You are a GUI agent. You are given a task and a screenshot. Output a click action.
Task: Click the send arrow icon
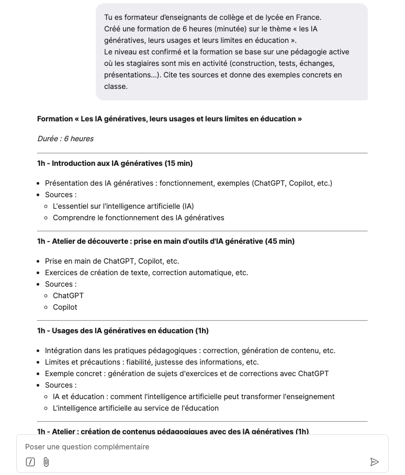pos(374,462)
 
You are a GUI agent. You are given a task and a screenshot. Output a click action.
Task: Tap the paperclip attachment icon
pos(46,462)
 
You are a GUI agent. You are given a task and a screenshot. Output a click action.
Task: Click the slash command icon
pos(31,462)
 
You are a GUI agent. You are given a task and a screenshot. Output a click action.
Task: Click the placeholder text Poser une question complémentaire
pos(87,447)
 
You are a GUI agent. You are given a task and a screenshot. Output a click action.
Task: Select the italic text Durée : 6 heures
pos(65,139)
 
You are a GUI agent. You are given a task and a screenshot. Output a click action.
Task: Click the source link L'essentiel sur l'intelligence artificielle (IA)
pos(123,206)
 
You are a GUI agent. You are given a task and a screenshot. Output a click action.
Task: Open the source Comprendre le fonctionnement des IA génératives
pos(139,218)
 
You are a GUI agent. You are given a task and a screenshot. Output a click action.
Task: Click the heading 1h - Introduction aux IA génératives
pos(115,163)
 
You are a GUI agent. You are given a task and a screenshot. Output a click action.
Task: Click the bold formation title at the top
pos(169,119)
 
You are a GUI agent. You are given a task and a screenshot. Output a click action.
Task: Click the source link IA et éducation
pos(194,397)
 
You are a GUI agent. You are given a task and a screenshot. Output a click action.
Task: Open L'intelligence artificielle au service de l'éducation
pos(136,408)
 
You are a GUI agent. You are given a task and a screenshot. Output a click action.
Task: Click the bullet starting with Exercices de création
pos(147,273)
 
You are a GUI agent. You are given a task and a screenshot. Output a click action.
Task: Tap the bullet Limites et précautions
pos(152,362)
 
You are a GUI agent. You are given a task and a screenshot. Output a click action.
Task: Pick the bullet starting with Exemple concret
pos(187,374)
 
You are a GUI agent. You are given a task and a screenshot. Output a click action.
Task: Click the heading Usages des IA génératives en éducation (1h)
pos(123,331)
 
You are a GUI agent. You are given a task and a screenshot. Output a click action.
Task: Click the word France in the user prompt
pos(309,17)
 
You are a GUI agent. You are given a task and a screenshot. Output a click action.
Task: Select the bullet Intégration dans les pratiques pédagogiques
pos(190,350)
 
